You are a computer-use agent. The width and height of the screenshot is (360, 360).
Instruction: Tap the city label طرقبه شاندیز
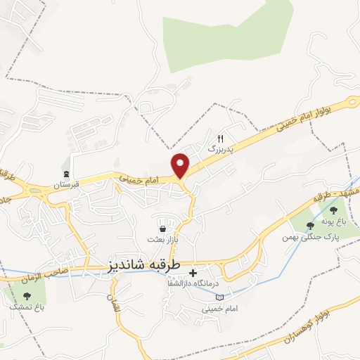pyautogui.click(x=145, y=265)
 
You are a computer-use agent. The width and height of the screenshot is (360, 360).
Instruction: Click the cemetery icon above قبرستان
pyautogui.click(x=66, y=174)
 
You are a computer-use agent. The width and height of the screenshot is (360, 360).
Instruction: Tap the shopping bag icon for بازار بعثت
pyautogui.click(x=163, y=229)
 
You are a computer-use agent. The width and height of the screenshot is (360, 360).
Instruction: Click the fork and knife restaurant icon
pyautogui.click(x=220, y=139)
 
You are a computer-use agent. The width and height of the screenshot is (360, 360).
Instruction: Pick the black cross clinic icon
pyautogui.click(x=194, y=271)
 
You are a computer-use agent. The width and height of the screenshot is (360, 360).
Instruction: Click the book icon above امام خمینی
pyautogui.click(x=221, y=296)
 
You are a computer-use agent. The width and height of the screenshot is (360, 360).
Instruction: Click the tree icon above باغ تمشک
pyautogui.click(x=27, y=295)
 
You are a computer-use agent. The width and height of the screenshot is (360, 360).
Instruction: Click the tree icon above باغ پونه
pyautogui.click(x=310, y=225)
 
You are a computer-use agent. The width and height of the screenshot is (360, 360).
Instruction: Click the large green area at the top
pyautogui.click(x=225, y=35)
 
